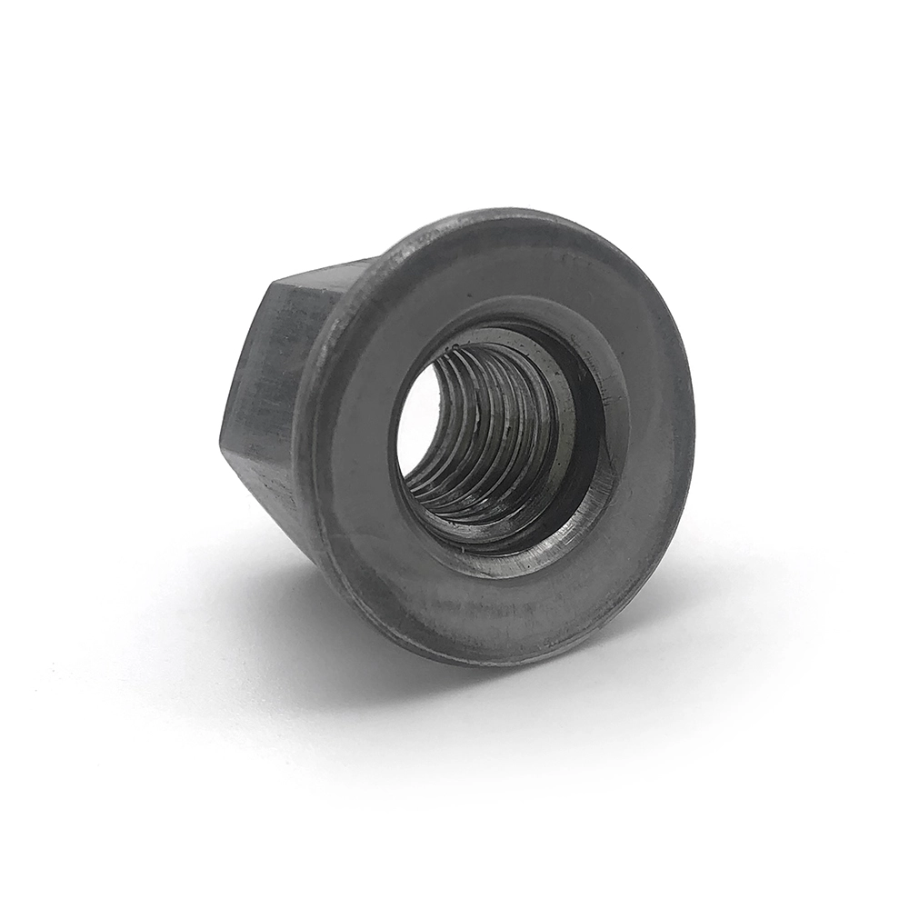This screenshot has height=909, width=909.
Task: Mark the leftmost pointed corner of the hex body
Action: click(x=221, y=442)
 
